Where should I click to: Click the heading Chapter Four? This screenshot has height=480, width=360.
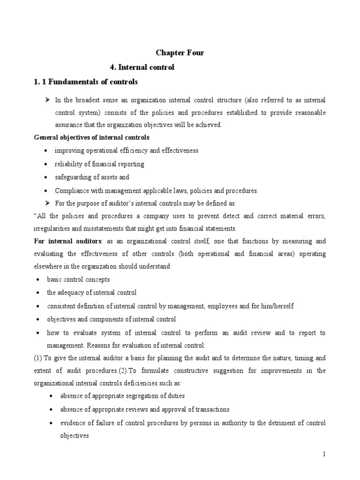click(180, 53)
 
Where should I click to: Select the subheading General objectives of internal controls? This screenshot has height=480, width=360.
click(92, 137)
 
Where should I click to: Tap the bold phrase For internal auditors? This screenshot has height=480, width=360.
click(68, 241)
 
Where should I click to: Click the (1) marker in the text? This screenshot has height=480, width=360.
click(40, 358)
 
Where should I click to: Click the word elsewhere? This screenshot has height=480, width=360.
click(49, 266)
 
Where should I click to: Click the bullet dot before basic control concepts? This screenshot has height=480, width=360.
click(37, 280)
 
